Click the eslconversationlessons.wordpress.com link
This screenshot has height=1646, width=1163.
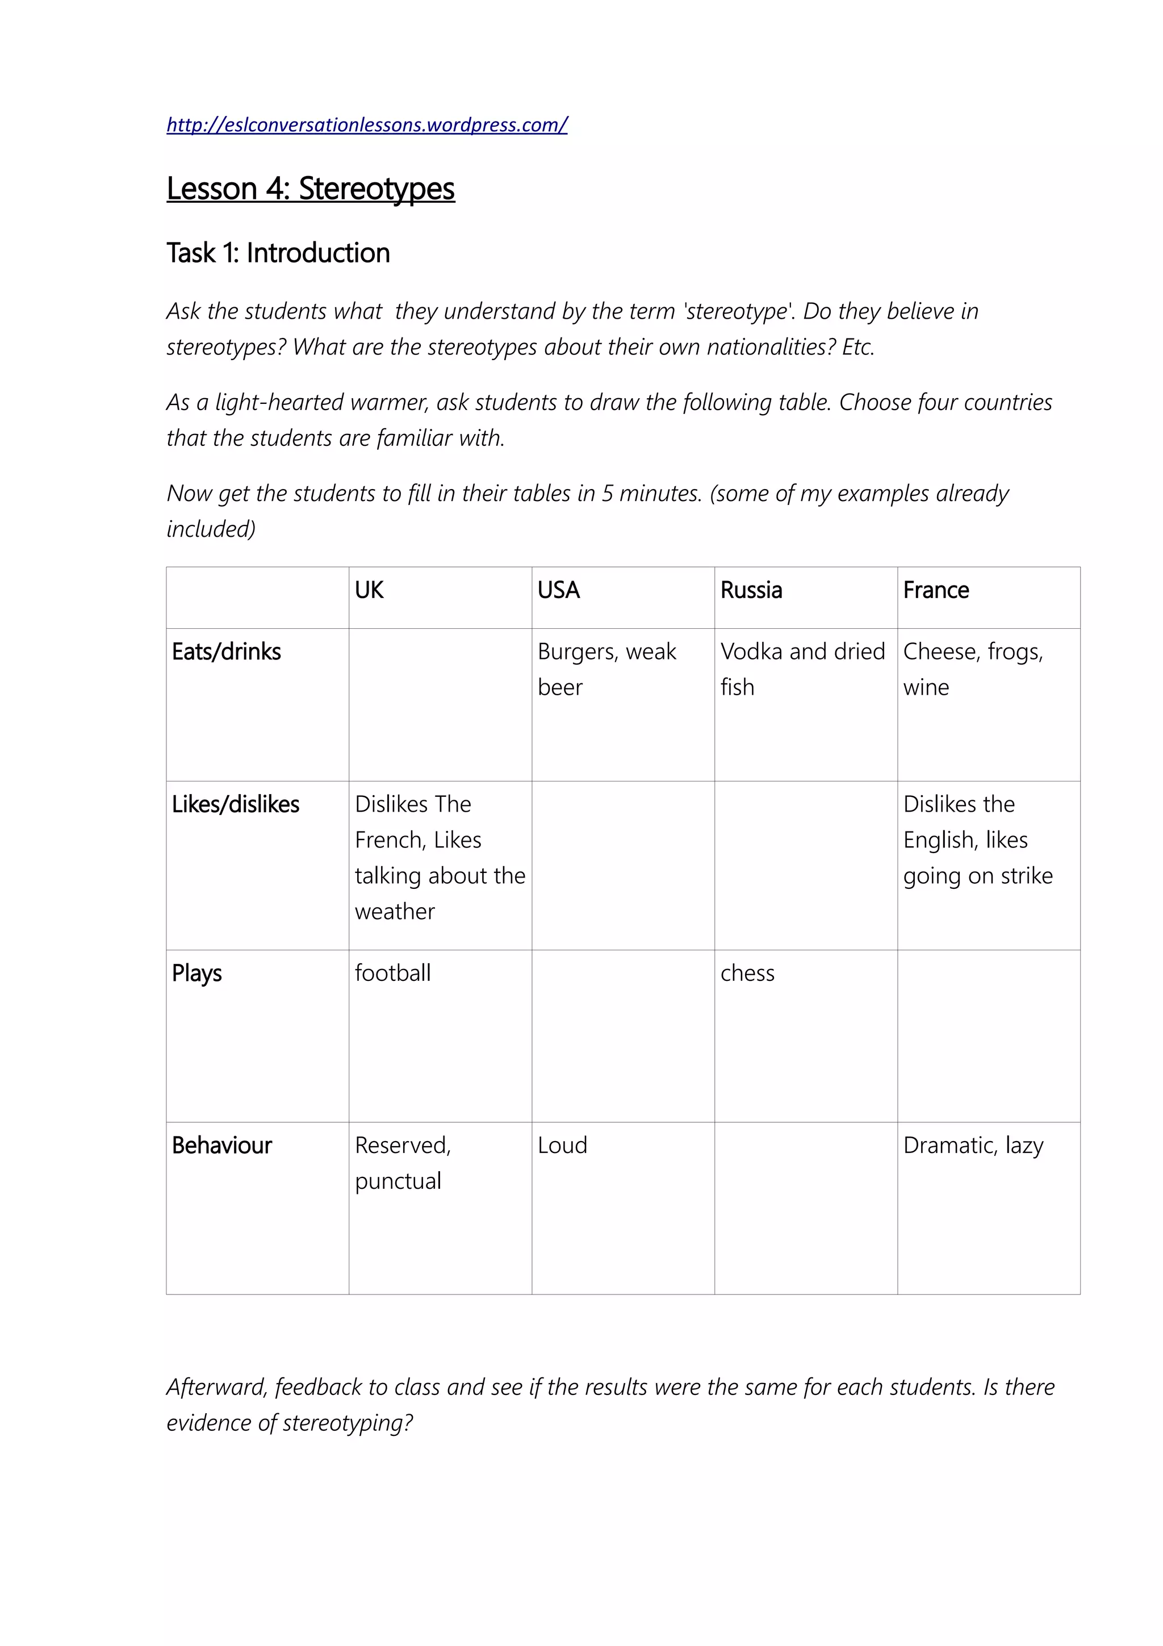pos(366,125)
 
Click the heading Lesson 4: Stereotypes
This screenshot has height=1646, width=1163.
pos(310,189)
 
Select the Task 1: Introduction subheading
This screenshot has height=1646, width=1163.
pos(278,253)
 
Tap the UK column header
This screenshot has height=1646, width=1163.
pos(369,590)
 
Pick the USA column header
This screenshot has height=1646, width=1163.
pos(558,590)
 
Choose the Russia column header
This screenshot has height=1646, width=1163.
pos(751,590)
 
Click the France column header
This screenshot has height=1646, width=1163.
pos(935,590)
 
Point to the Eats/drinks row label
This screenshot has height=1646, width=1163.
pos(227,651)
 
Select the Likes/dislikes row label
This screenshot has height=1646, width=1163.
pos(236,804)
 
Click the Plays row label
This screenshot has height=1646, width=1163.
pos(197,974)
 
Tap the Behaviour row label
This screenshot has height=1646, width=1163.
pos(222,1146)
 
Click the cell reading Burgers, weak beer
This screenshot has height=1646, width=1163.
pos(606,669)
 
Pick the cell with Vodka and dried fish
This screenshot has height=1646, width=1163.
pos(802,669)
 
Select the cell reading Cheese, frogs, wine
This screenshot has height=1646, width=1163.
pos(972,669)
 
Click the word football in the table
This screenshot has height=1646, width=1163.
pos(392,974)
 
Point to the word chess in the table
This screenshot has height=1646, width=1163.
pos(747,974)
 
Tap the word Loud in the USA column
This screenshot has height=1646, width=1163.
pos(563,1146)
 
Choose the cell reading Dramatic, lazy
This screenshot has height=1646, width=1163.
pos(972,1146)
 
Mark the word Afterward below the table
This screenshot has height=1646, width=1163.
pos(217,1387)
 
